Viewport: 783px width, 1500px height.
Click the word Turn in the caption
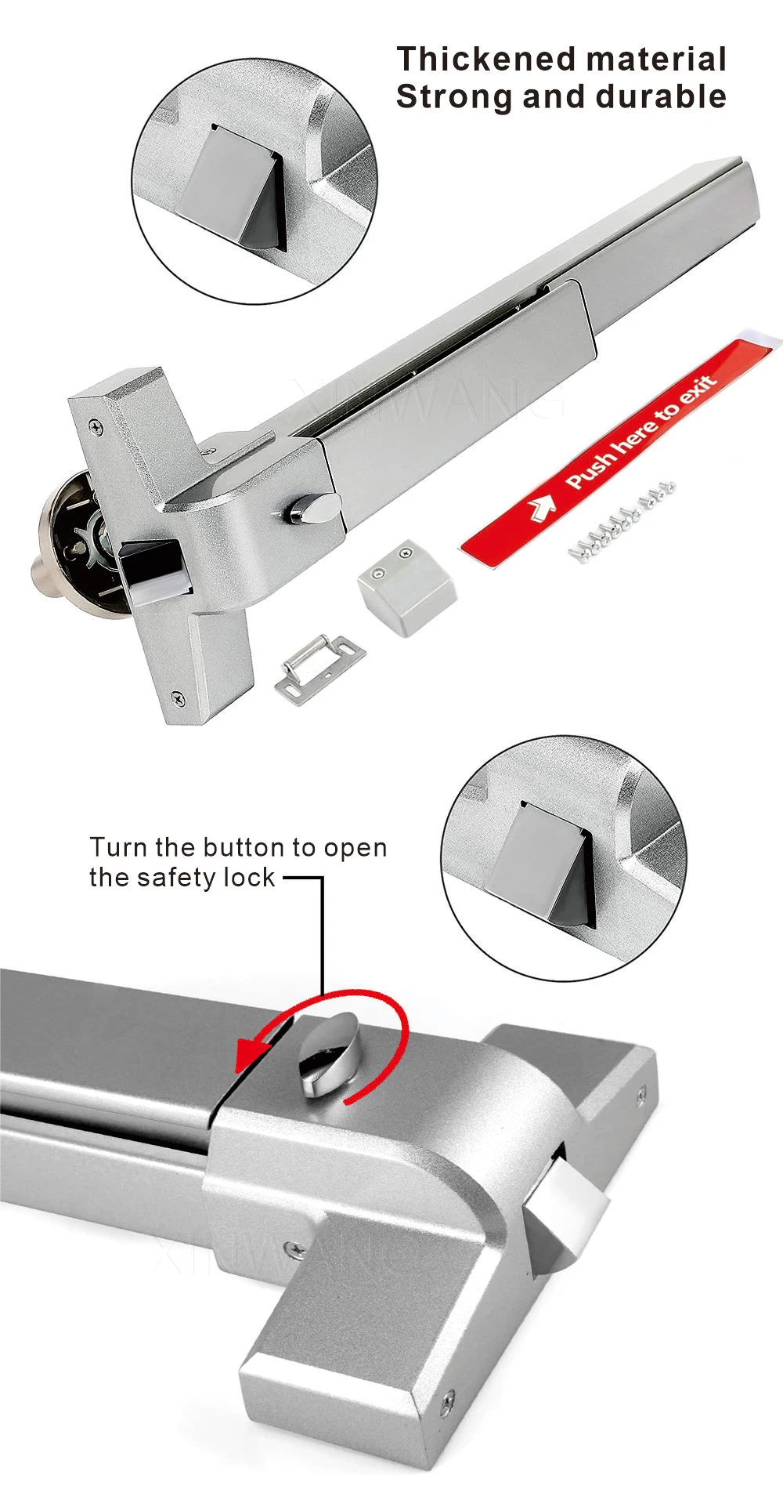[x=118, y=848]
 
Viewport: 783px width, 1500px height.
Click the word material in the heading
[x=655, y=60]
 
